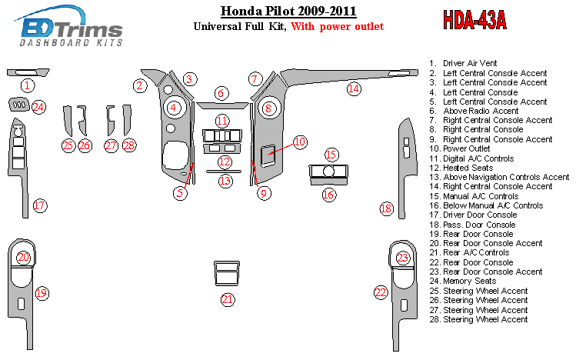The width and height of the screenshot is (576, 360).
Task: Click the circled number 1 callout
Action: (27, 85)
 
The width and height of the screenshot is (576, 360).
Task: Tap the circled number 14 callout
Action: (354, 88)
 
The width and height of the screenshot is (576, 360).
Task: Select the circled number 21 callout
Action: (228, 299)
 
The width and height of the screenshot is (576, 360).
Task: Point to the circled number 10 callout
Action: (300, 142)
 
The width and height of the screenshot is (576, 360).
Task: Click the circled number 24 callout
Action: (38, 107)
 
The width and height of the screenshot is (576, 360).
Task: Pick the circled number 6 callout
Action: (221, 93)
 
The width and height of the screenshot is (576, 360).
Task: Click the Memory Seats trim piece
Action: (18, 105)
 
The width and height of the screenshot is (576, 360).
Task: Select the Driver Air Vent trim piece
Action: (28, 72)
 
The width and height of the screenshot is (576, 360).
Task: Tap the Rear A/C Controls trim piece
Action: (227, 273)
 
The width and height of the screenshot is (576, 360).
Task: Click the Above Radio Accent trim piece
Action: (222, 105)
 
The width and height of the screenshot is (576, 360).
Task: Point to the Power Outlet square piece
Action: (268, 155)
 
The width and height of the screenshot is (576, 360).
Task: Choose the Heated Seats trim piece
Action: (222, 148)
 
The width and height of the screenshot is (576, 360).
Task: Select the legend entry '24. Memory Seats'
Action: (463, 281)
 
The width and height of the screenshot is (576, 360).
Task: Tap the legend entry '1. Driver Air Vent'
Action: (463, 63)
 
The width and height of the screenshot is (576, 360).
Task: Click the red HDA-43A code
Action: (474, 20)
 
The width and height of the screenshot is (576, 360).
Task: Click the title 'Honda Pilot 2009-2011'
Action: (288, 11)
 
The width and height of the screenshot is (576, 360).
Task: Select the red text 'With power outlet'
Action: (338, 26)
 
